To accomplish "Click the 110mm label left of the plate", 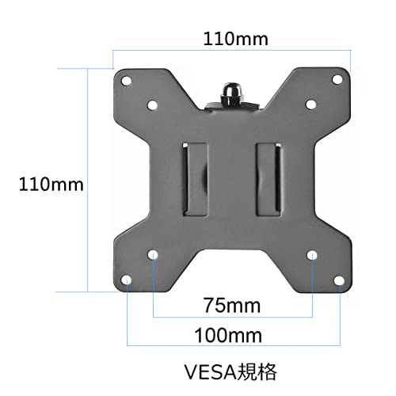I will pyautogui.click(x=51, y=185).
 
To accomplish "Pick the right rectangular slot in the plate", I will pyautogui.click(x=269, y=178).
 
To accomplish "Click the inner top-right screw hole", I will pyautogui.click(x=312, y=105).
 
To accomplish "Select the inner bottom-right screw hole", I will pyautogui.click(x=312, y=255).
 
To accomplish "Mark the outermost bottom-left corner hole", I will pyautogui.click(x=128, y=281).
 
